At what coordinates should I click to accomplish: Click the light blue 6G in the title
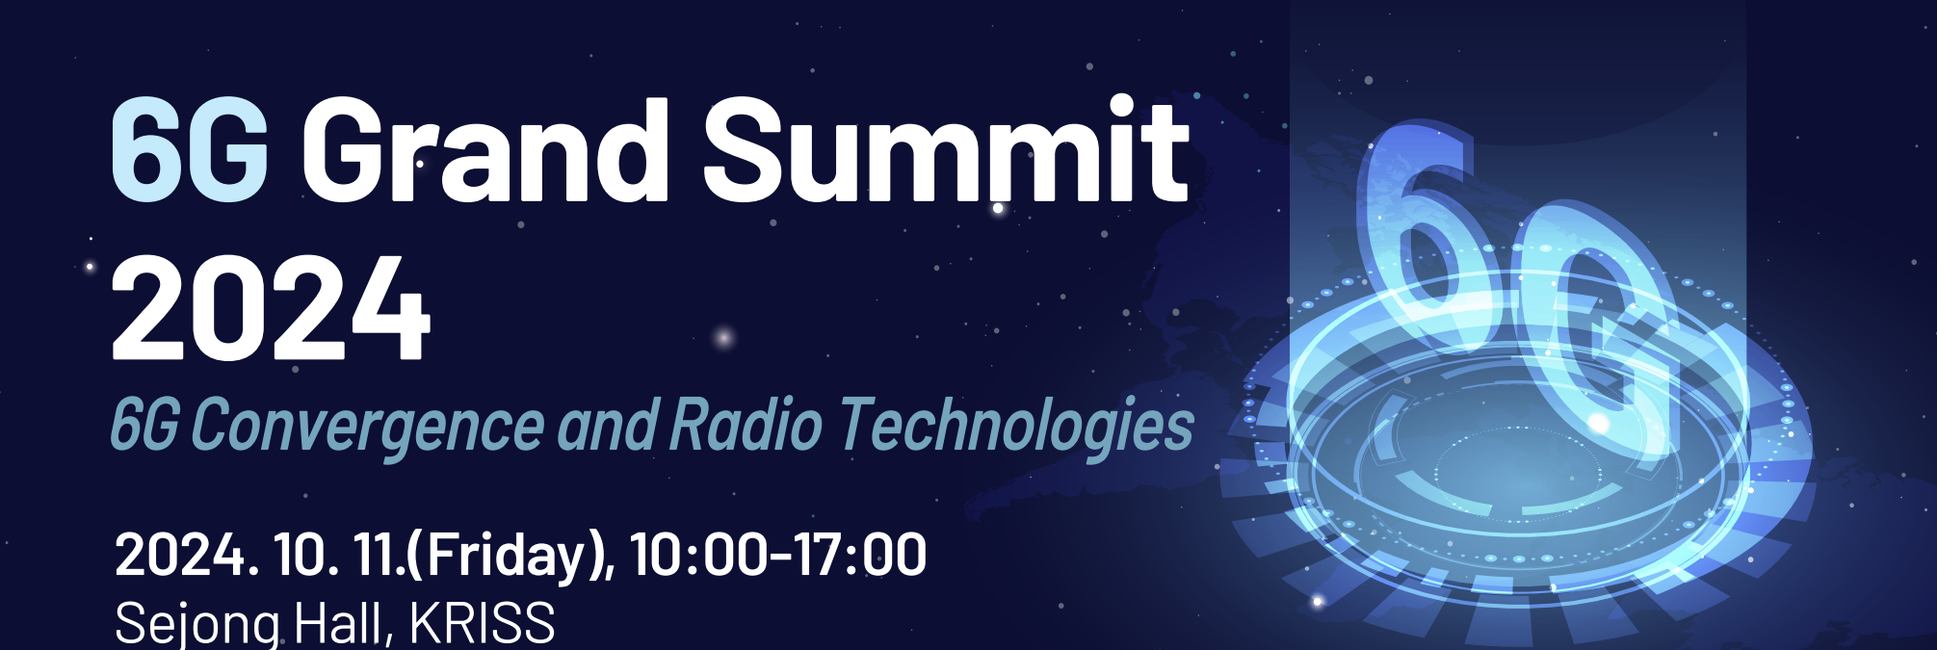pyautogui.click(x=189, y=151)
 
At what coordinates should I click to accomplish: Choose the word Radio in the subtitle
pyautogui.click(x=746, y=424)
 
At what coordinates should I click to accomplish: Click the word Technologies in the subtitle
pyautogui.click(x=1016, y=426)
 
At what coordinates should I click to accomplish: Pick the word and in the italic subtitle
pyautogui.click(x=608, y=425)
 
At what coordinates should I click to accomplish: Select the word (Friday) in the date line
pyautogui.click(x=508, y=557)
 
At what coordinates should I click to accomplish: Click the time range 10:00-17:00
pyautogui.click(x=778, y=555)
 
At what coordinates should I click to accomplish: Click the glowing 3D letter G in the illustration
pyautogui.click(x=1594, y=337)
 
